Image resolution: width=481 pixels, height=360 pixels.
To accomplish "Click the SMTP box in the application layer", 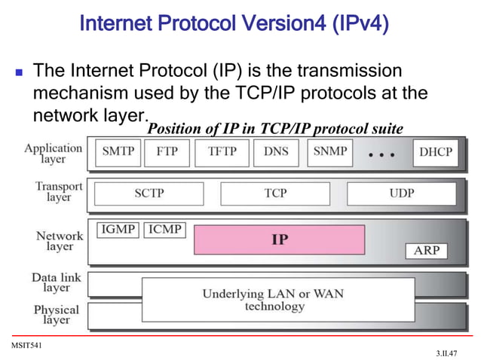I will click(118, 152).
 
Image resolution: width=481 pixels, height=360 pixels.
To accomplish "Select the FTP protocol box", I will click(167, 152).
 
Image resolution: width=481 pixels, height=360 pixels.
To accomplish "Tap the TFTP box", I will click(222, 152).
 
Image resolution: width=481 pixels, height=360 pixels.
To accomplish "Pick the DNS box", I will click(276, 152).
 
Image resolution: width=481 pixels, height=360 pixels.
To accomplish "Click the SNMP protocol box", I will click(329, 152).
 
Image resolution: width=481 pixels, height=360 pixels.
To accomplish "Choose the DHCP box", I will click(436, 152).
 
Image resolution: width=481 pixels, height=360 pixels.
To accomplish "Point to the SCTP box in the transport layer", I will click(149, 194).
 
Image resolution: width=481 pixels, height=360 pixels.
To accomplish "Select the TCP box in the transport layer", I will click(275, 194).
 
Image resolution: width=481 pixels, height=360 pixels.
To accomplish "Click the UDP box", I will click(401, 194).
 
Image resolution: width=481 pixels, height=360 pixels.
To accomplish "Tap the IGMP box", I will click(118, 229).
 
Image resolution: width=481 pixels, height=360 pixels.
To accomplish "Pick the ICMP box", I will click(164, 229).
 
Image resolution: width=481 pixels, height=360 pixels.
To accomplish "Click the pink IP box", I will click(279, 239).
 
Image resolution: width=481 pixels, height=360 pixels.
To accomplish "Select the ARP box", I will click(427, 251).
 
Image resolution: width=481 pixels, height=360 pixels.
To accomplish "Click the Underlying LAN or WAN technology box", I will click(278, 300).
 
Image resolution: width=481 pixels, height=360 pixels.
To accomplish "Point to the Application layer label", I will click(54, 154).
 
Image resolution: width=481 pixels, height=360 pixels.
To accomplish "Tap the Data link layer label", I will click(56, 282).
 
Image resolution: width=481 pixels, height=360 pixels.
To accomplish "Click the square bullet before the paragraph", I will click(19, 74).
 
